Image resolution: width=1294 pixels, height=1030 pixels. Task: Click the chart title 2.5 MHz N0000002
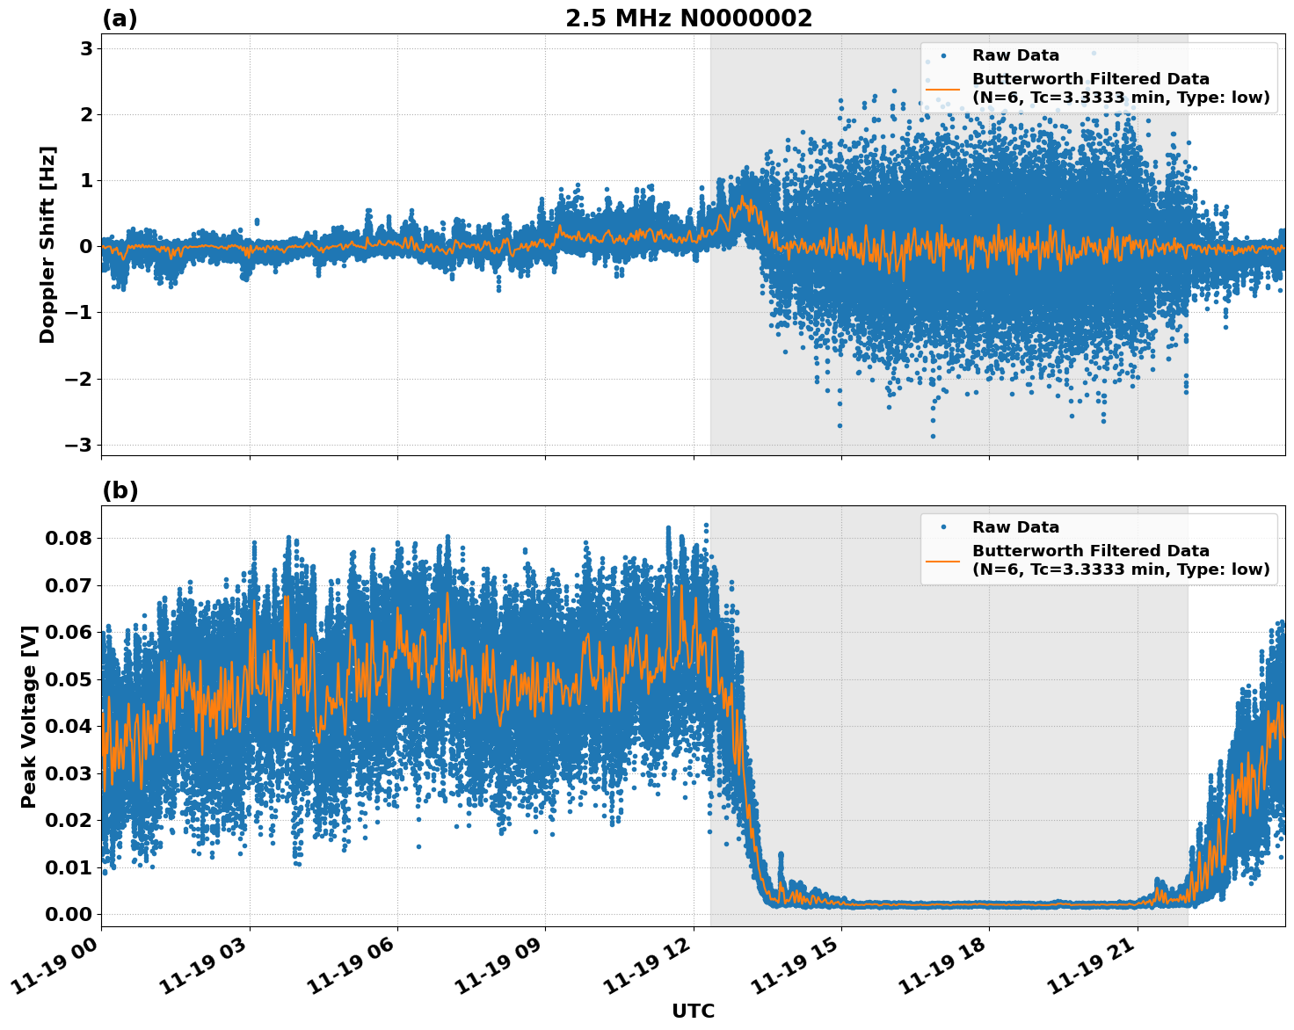(688, 18)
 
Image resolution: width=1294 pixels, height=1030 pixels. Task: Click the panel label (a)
(120, 18)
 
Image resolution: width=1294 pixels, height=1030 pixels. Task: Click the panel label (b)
(120, 490)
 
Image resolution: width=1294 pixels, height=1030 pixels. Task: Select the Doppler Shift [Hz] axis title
(47, 244)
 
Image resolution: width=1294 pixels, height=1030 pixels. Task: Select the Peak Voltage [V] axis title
(29, 716)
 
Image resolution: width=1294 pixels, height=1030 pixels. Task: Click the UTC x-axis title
(693, 1011)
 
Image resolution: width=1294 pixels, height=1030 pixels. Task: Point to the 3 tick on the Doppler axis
(86, 48)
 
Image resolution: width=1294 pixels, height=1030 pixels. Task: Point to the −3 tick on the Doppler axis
(79, 445)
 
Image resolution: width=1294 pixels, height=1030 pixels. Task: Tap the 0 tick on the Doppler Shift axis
(86, 246)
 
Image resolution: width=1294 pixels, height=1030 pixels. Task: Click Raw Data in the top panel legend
(1015, 55)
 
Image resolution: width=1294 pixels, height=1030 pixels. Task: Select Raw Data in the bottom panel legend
(1015, 527)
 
